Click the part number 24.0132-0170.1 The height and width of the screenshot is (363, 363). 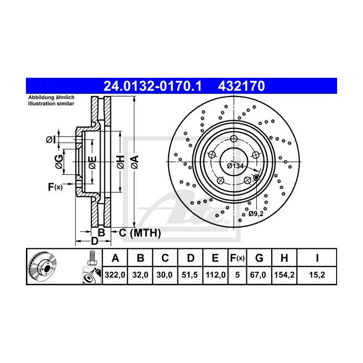152,86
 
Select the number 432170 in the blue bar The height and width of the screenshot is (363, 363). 242,86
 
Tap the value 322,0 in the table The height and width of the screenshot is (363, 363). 115,275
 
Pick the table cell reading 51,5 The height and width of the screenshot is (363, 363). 190,275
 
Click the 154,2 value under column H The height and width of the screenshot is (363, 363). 284,275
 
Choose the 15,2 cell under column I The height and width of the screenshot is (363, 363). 317,275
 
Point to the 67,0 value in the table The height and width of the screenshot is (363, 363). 258,275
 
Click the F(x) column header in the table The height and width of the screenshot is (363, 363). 238,258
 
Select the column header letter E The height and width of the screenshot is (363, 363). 215,258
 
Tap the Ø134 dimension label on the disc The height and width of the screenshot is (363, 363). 235,166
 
